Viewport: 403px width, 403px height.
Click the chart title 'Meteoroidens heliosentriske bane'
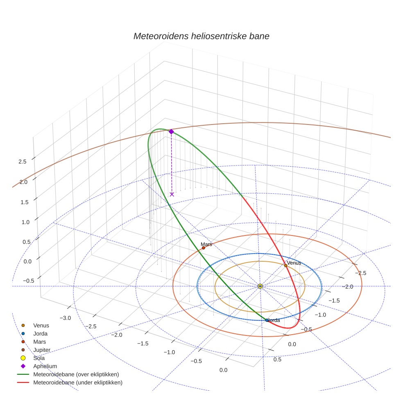coord(201,36)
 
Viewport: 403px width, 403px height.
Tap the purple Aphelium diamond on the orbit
coord(171,131)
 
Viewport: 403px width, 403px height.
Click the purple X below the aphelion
coord(172,194)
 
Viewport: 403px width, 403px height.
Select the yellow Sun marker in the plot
coord(260,286)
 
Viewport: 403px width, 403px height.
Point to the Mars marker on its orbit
coord(204,248)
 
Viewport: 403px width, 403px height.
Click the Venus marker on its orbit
coord(286,265)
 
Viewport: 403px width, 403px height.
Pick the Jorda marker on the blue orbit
coord(267,320)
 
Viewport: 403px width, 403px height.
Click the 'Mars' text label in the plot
coord(206,244)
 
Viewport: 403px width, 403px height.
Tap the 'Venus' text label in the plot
coord(294,263)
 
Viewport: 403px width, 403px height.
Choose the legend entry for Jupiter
coord(42,350)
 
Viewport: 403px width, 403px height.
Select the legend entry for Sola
coord(39,358)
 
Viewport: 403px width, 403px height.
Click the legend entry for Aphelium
coord(45,366)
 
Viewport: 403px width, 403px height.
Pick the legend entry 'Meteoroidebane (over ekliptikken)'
coord(76,374)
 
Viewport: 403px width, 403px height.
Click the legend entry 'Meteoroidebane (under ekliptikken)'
coord(78,383)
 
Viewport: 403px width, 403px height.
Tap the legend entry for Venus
coord(41,325)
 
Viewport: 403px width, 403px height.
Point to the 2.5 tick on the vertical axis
coord(23,162)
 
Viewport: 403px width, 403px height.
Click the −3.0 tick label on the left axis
coord(65,318)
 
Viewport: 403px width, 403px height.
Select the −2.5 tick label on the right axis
coord(360,273)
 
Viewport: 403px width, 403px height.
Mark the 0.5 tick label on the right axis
coord(277,360)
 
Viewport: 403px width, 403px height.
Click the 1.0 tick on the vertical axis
coord(23,222)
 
